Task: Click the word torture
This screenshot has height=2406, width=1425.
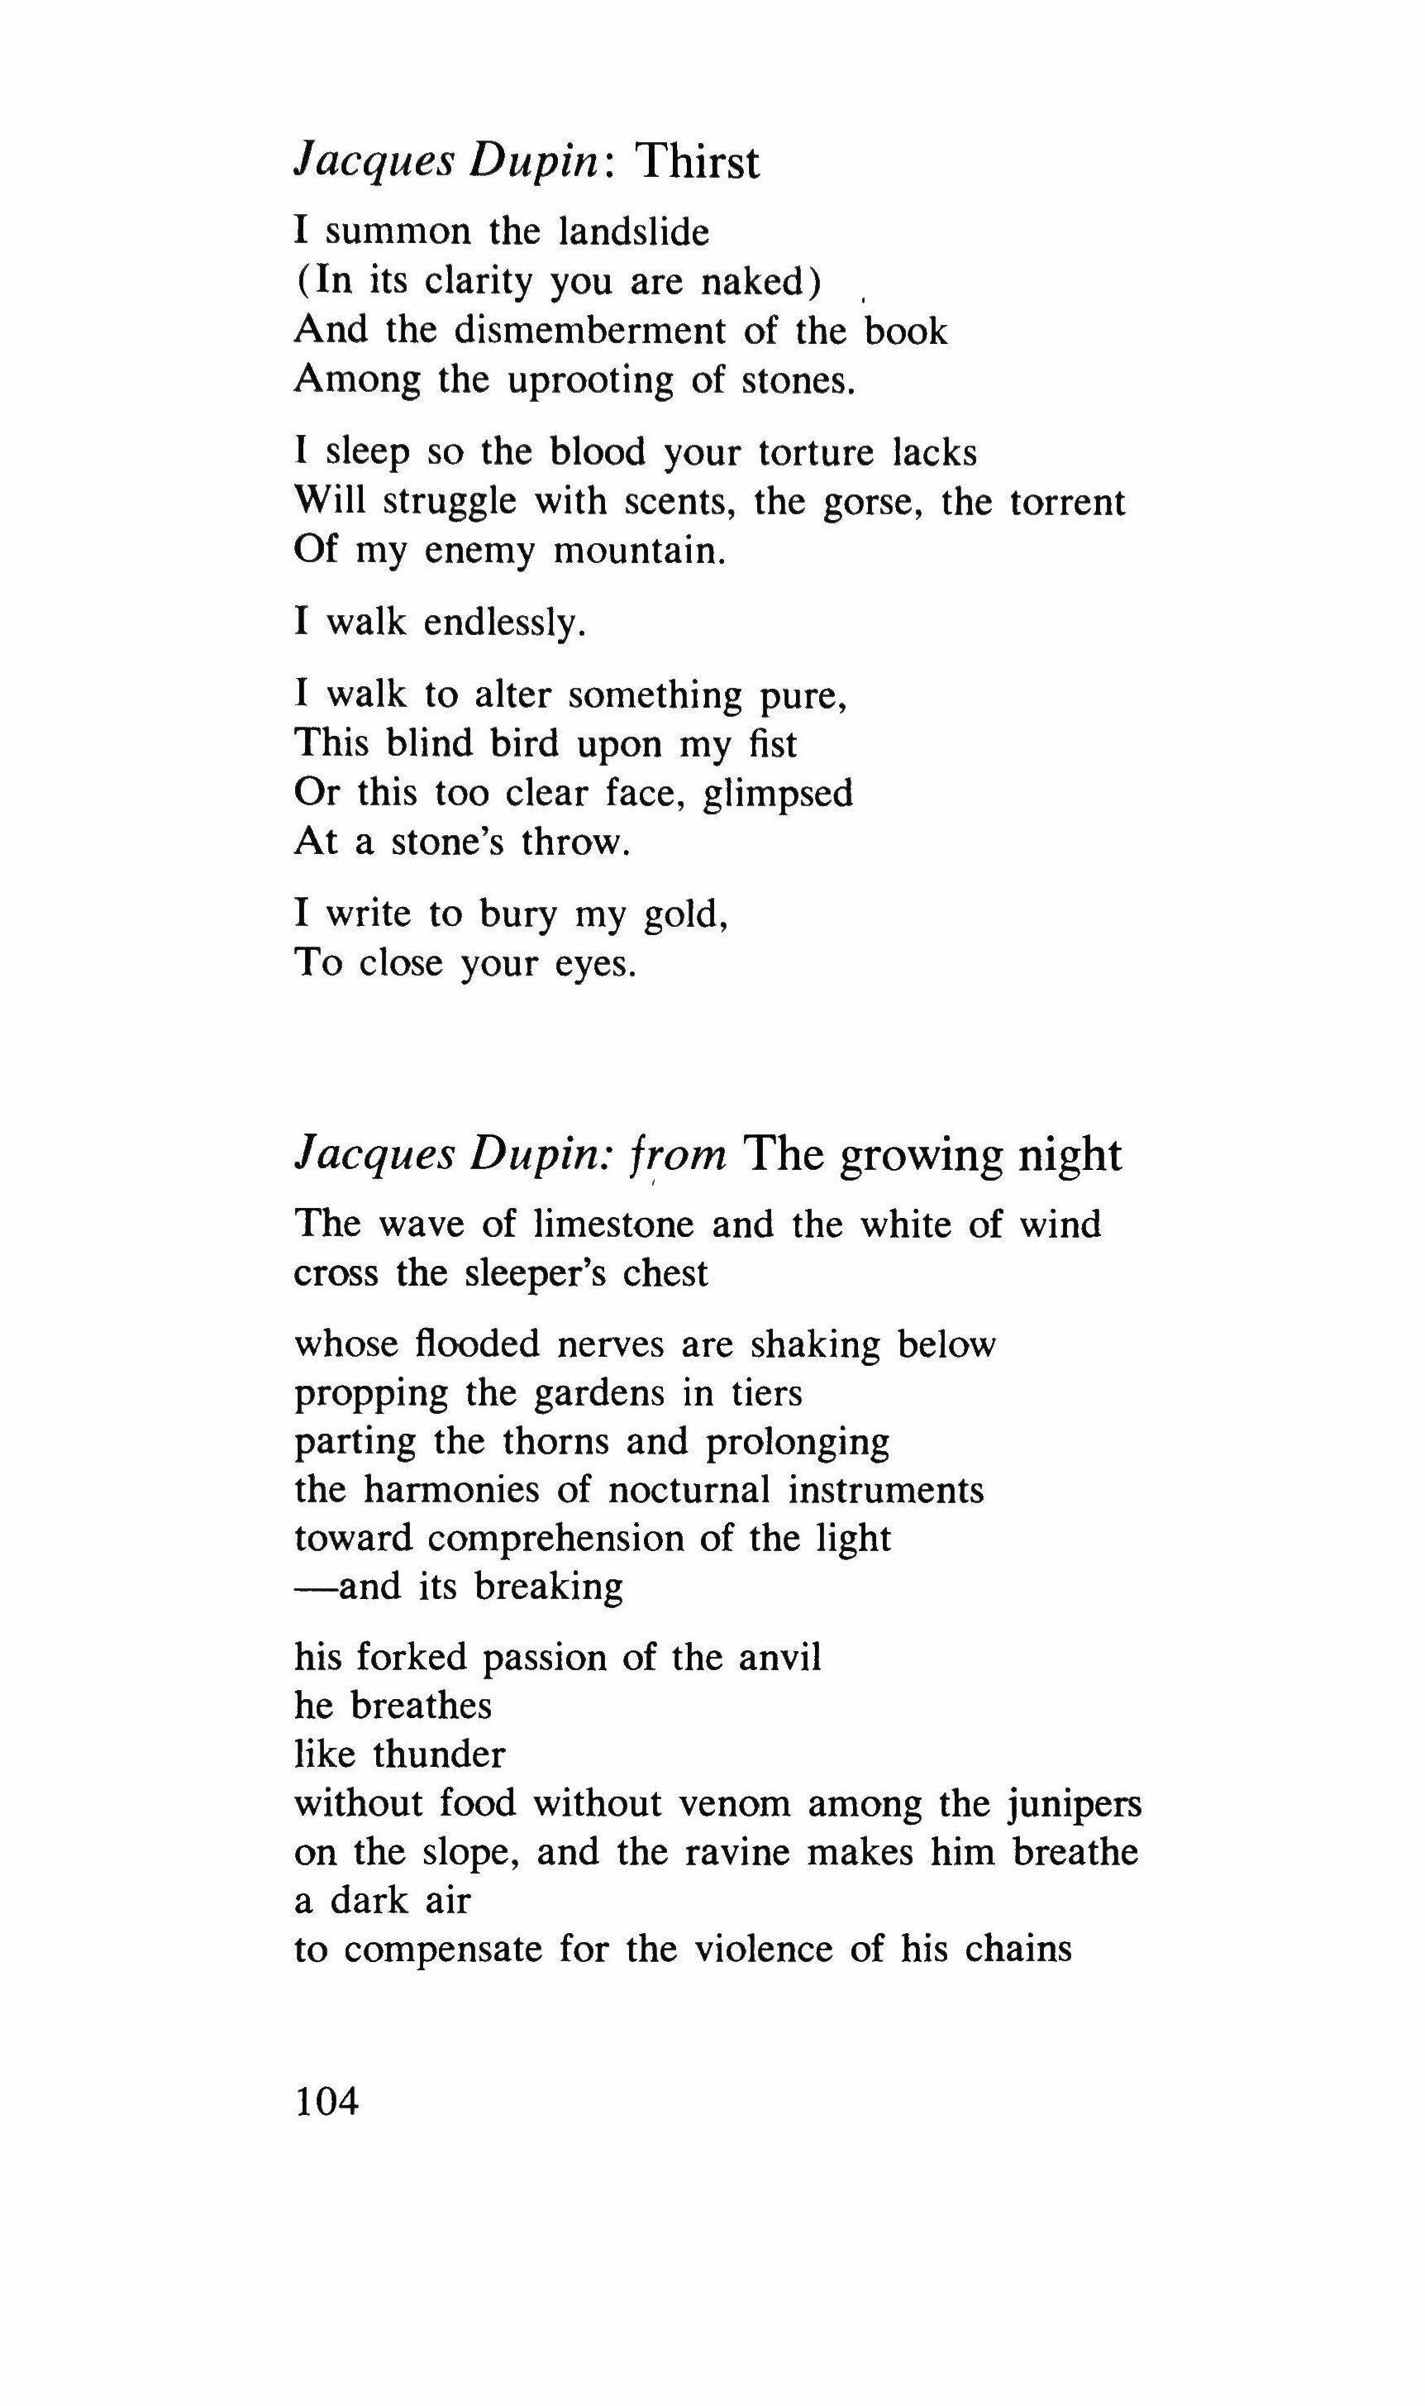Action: coord(816,452)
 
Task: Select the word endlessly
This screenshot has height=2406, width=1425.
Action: coord(504,623)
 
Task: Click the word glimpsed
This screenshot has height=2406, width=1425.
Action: coord(778,794)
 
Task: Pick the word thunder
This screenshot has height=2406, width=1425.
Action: coord(439,1754)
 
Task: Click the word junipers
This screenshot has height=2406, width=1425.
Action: coord(1075,1805)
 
